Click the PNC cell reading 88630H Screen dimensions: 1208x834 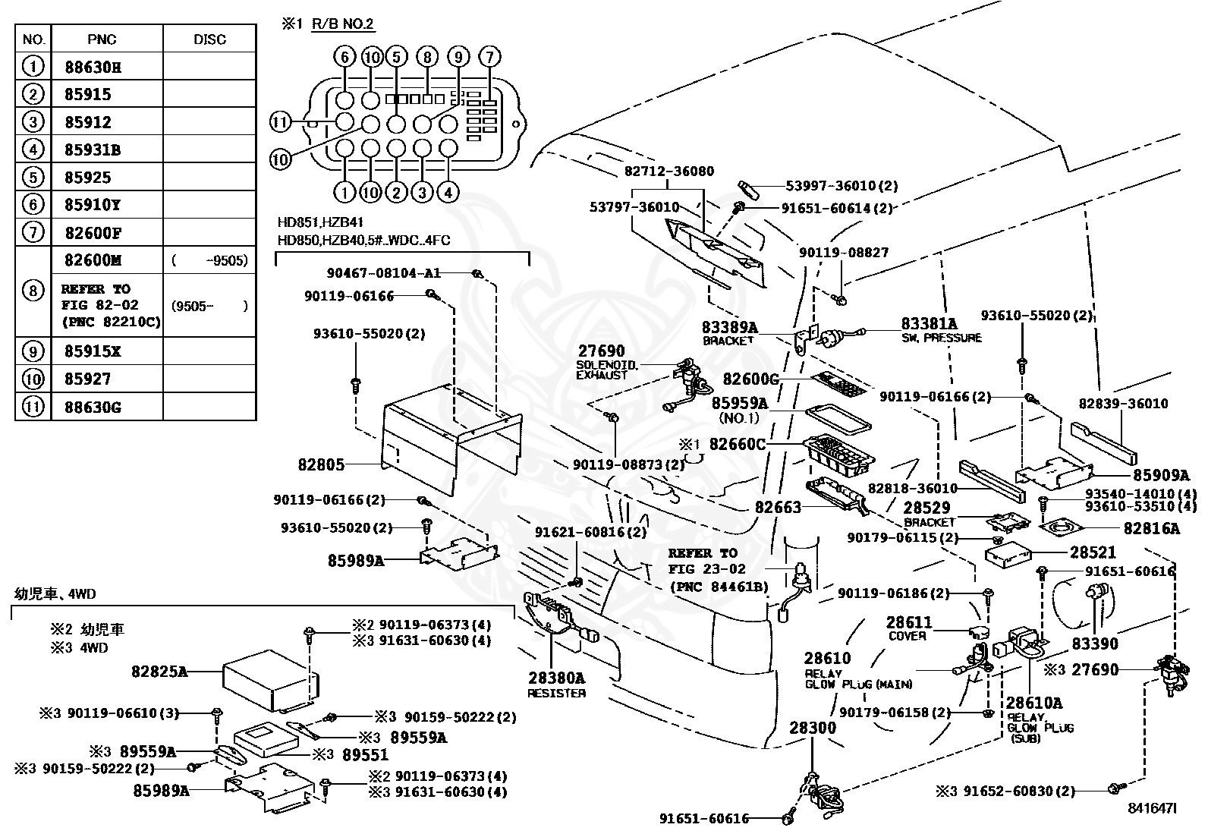[x=107, y=66]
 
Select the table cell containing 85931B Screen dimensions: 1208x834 [x=107, y=149]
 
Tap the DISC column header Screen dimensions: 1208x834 [x=209, y=39]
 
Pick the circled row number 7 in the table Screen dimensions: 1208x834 [x=33, y=232]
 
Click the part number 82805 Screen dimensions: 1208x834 [x=321, y=464]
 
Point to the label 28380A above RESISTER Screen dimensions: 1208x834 [x=556, y=677]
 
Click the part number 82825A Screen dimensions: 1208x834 [x=159, y=671]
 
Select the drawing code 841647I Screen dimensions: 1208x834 [x=1152, y=808]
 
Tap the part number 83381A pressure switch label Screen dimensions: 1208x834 [x=930, y=323]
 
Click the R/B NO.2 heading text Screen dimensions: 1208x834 [x=342, y=24]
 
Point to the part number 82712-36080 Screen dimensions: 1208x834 [x=668, y=171]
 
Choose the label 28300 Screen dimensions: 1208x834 [x=812, y=728]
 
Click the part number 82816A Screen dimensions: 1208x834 [x=1151, y=528]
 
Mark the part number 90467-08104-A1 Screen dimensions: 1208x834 [x=383, y=273]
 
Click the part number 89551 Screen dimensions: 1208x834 [x=365, y=755]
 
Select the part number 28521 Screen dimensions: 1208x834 [x=1093, y=552]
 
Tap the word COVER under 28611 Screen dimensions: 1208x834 [x=907, y=636]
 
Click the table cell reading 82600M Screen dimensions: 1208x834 [x=107, y=260]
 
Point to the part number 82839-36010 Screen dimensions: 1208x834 [x=1123, y=404]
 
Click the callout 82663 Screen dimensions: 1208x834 [x=778, y=507]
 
